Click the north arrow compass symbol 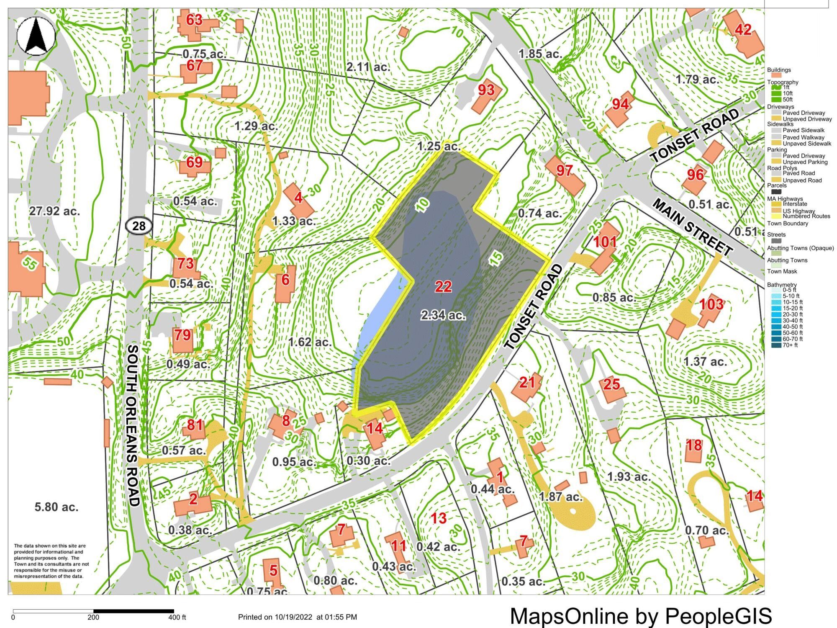pyautogui.click(x=36, y=36)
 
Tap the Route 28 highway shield pyautogui.click(x=139, y=226)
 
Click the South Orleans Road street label pyautogui.click(x=133, y=425)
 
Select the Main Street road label pyautogui.click(x=693, y=227)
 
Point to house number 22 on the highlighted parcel pyautogui.click(x=443, y=287)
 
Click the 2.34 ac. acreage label pyautogui.click(x=443, y=315)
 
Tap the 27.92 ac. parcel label pyautogui.click(x=54, y=211)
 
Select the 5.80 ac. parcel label pyautogui.click(x=56, y=507)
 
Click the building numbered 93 pyautogui.click(x=486, y=95)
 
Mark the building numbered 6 pyautogui.click(x=285, y=283)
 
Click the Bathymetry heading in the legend pyautogui.click(x=781, y=285)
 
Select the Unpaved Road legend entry pyautogui.click(x=802, y=180)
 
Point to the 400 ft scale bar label pyautogui.click(x=177, y=617)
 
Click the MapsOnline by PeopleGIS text pyautogui.click(x=641, y=615)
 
